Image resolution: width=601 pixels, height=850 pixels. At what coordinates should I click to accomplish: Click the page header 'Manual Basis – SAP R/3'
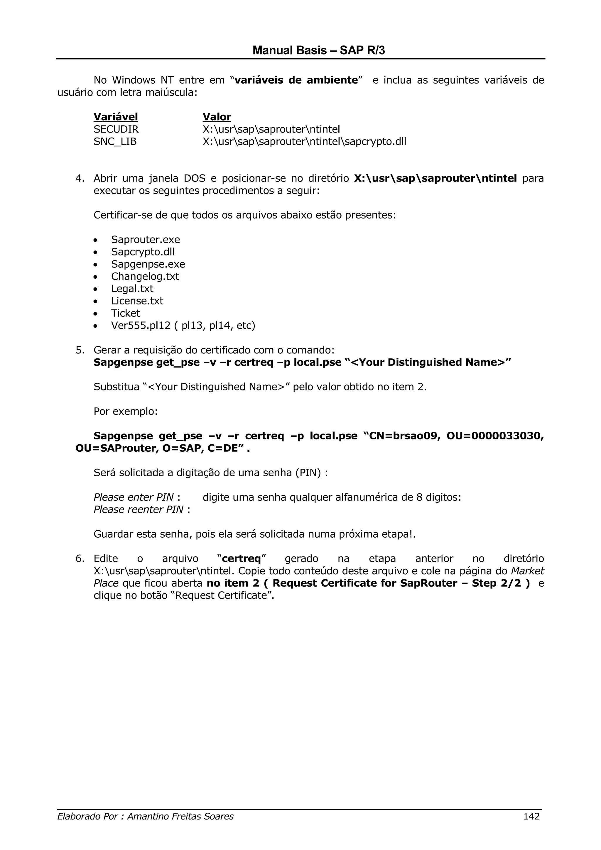tap(318, 50)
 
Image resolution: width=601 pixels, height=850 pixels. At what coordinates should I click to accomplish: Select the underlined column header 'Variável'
tap(116, 117)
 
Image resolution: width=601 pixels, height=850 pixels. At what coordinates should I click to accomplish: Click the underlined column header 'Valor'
tap(217, 117)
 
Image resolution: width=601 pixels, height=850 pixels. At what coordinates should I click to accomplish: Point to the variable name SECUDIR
tap(116, 129)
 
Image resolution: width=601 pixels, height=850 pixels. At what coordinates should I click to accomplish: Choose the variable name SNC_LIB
tap(115, 141)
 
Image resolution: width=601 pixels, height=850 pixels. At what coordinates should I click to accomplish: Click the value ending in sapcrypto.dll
tap(304, 141)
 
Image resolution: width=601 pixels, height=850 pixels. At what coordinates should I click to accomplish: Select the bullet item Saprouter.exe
tap(146, 240)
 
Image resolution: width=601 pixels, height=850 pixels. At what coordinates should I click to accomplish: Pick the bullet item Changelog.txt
tap(145, 276)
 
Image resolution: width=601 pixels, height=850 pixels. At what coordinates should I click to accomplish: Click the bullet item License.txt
tap(137, 301)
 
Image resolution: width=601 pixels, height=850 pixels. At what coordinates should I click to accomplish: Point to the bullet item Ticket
tap(126, 313)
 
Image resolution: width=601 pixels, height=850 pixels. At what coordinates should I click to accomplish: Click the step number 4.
tap(80, 178)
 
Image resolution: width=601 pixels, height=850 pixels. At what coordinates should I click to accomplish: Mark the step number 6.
tap(80, 559)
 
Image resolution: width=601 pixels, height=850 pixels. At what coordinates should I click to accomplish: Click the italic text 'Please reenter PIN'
tap(139, 510)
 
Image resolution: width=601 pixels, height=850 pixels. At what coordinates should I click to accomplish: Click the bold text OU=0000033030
tap(495, 436)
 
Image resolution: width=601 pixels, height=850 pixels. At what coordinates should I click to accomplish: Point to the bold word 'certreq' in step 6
tap(242, 559)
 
